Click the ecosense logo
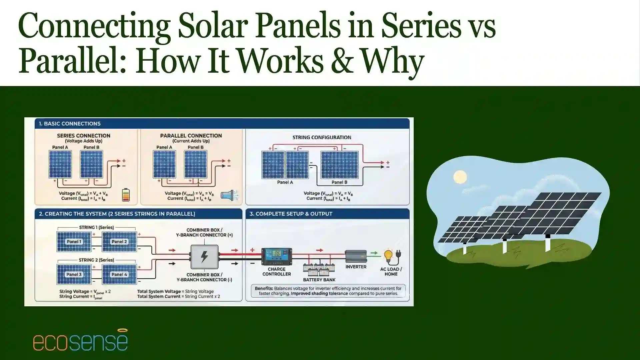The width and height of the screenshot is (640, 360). (80, 341)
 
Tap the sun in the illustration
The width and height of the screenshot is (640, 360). (460, 177)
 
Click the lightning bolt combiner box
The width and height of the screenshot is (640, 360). (204, 257)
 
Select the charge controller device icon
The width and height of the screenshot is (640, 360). (277, 257)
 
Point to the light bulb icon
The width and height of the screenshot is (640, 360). (388, 256)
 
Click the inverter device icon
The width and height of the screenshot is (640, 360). (356, 256)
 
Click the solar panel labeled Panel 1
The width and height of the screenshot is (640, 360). (74, 242)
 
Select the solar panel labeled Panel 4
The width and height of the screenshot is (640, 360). (119, 274)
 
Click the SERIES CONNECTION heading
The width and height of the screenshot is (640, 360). (83, 136)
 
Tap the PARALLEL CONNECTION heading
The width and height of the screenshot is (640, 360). (191, 136)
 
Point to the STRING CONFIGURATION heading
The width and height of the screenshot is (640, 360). (322, 137)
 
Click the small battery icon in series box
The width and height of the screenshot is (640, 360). (126, 195)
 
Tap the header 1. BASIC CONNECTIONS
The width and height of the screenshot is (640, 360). (69, 124)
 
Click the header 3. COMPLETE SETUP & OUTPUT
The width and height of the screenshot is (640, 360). (291, 214)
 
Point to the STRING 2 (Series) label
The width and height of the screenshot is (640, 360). (96, 260)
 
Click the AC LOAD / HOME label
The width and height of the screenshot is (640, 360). (391, 271)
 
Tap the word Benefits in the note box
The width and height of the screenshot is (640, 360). (264, 288)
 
